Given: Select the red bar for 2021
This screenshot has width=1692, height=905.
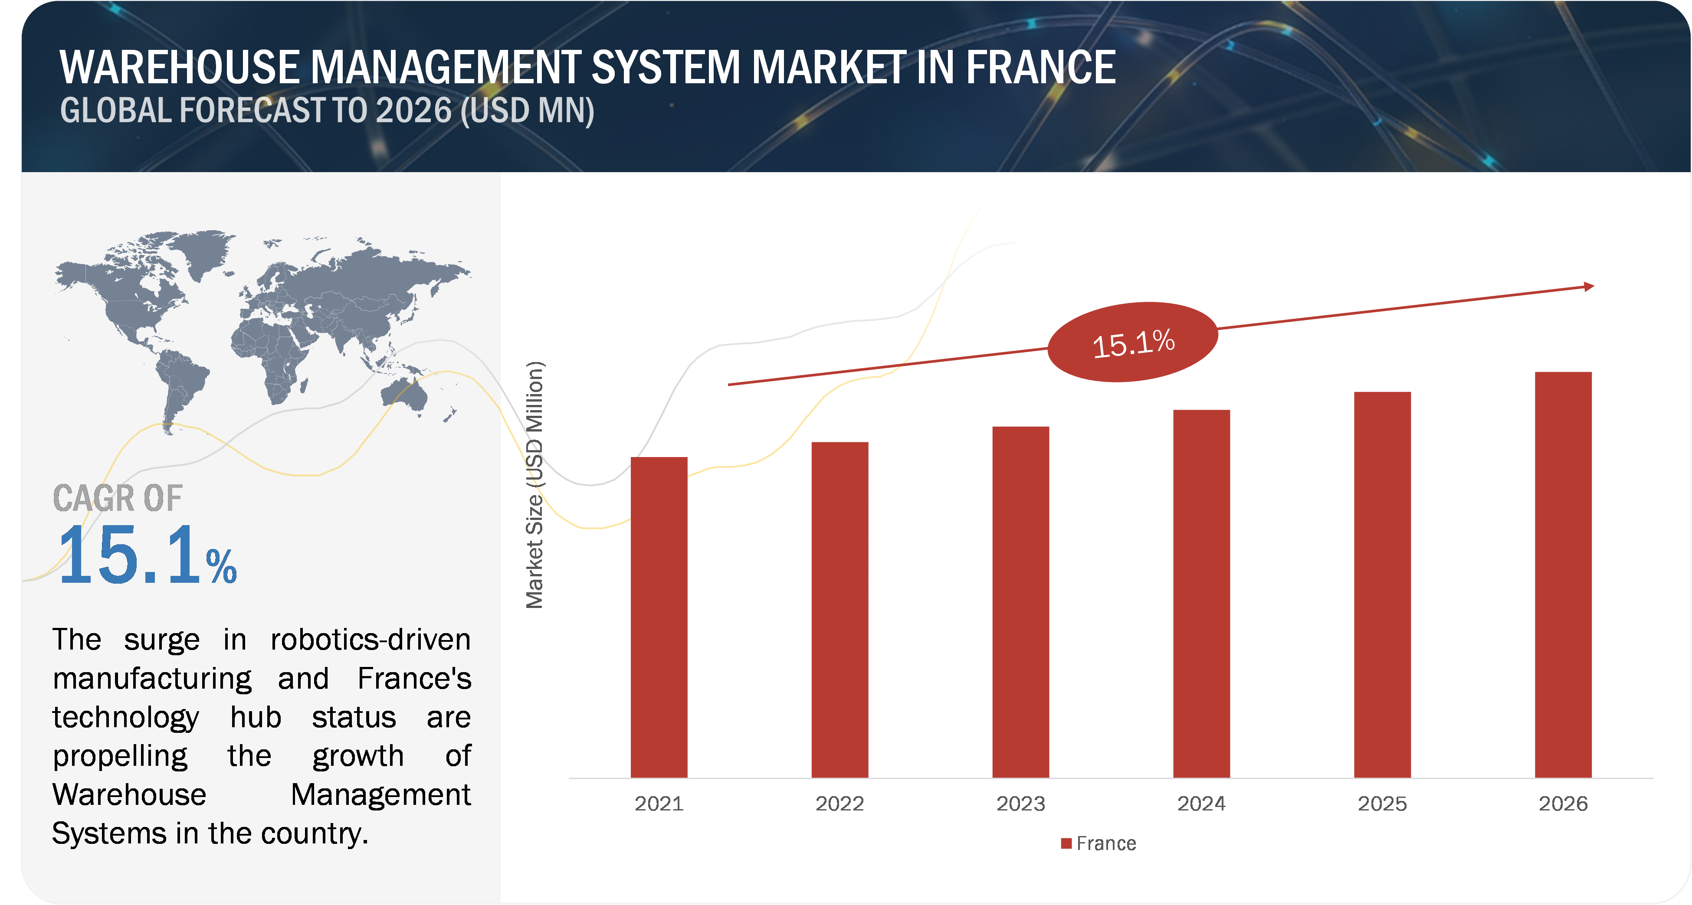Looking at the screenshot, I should [x=659, y=617].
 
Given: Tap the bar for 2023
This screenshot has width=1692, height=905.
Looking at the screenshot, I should [x=1020, y=601].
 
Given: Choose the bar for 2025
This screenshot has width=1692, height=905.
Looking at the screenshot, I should [x=1382, y=585].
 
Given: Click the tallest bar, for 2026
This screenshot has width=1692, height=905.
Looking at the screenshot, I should [x=1563, y=575].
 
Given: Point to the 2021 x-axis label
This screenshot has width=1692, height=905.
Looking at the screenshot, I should [x=659, y=803].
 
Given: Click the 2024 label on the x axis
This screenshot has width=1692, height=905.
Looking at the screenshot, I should [x=1201, y=803].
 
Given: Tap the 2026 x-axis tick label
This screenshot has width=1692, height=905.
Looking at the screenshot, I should [x=1563, y=803].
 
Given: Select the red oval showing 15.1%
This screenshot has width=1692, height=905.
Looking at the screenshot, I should [x=1132, y=342].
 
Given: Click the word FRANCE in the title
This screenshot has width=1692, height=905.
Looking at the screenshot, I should [x=1040, y=68].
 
